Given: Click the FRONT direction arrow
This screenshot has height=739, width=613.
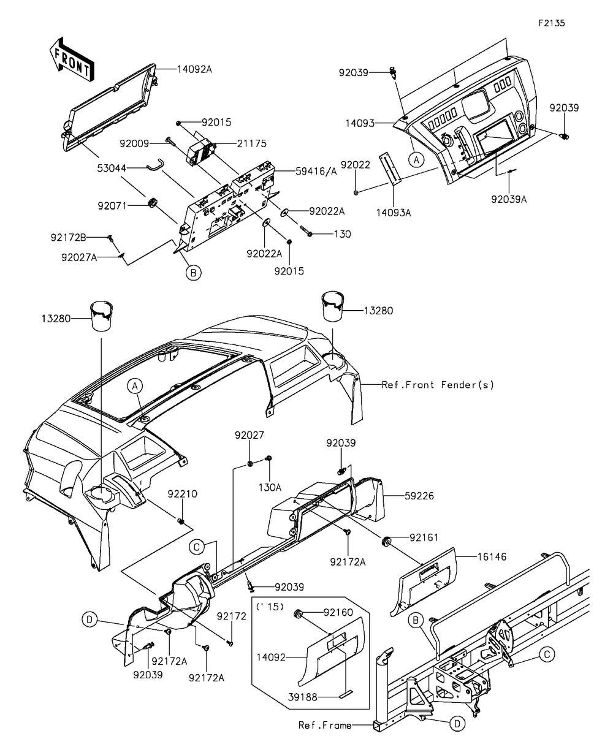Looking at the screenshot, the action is (x=72, y=60).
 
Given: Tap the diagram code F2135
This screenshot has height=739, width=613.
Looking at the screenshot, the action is (x=551, y=23).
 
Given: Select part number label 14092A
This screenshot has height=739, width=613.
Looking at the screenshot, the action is (x=194, y=69).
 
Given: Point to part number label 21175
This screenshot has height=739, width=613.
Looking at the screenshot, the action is (x=251, y=143).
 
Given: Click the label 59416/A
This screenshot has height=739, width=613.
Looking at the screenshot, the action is (x=316, y=172).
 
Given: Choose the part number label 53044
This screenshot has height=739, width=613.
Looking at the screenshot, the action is (x=112, y=168).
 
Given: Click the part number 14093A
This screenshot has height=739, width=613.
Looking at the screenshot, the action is (x=394, y=213).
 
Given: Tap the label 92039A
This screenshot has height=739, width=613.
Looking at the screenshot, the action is (x=509, y=200).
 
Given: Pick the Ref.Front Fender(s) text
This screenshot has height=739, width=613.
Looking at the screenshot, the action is (x=437, y=385).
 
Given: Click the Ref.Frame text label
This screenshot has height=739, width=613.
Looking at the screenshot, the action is (x=325, y=726).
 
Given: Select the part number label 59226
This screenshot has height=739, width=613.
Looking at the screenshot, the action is (x=419, y=496).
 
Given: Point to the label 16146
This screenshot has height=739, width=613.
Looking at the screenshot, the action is (x=492, y=557).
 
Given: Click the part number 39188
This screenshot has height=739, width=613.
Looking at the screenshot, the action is (x=303, y=697).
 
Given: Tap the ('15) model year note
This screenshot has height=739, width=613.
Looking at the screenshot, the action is (x=270, y=607).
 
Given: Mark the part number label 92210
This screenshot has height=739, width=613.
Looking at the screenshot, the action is (x=183, y=494).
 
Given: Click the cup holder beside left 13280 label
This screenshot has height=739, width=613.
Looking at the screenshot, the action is (x=102, y=316).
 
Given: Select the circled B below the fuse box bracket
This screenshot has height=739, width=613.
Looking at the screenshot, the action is (x=193, y=273).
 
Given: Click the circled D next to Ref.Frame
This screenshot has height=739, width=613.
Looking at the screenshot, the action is (x=457, y=724).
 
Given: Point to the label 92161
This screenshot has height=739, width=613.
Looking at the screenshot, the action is (x=424, y=537).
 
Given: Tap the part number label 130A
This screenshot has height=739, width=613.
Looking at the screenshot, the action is (x=270, y=487).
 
